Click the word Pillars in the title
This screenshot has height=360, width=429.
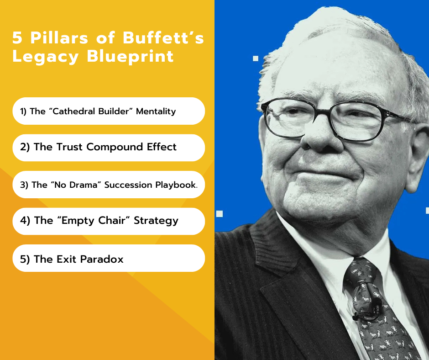[59, 37]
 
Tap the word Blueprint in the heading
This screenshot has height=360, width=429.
[130, 57]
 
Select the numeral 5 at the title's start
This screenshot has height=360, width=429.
[17, 37]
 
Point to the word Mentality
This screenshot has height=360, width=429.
[156, 111]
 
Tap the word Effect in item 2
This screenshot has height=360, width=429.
[162, 147]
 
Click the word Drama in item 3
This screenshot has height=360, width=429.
[83, 185]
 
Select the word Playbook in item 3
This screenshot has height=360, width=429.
[176, 185]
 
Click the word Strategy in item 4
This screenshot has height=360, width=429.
[156, 221]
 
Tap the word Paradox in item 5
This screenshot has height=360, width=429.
[102, 259]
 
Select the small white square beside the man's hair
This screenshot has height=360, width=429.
[256, 58]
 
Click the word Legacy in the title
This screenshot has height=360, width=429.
[46, 57]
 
